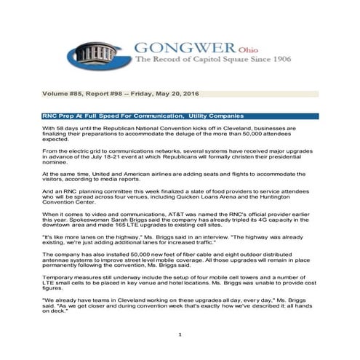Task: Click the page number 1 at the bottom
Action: pyautogui.click(x=179, y=333)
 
